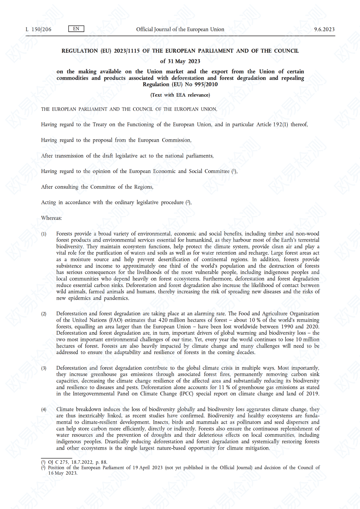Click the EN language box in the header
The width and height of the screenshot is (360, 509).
(x=76, y=29)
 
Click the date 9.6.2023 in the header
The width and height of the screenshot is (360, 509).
(x=324, y=29)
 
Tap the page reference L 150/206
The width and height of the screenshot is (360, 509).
(x=39, y=29)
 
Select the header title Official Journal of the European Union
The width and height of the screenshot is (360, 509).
(x=180, y=29)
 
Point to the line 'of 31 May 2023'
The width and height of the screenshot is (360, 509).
(x=180, y=61)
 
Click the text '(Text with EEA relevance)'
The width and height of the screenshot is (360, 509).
(x=180, y=95)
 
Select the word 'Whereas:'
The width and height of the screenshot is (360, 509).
(x=51, y=218)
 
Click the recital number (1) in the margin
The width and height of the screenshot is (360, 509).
(x=44, y=234)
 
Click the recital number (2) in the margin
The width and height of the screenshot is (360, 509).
(x=44, y=314)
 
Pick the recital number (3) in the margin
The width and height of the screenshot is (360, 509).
(x=44, y=368)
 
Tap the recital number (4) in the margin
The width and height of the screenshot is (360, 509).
(x=44, y=410)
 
